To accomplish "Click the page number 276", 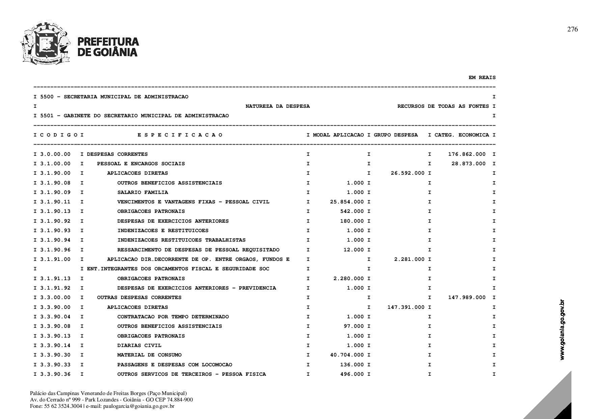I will pos(572,29).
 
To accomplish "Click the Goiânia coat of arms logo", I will pos(46,43).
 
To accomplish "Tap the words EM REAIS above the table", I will pos(482,77).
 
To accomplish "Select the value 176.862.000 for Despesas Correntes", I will pos(467,154).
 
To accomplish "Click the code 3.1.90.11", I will pos(55,202).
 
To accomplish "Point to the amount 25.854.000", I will pos(347,202).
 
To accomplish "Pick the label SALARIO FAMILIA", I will pos(142,192).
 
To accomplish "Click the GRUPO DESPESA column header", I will pos(396,135).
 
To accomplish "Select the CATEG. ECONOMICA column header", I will pos(461,135).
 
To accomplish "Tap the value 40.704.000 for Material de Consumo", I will pos(347,355).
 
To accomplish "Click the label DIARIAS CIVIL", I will pos(139,345).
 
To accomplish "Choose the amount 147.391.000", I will pos(406,307).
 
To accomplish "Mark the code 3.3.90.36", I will pos(55,374).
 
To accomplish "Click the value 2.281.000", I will pos(409,259).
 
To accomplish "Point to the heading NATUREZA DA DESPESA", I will pos(277,106).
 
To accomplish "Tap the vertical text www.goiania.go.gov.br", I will pos(562,329).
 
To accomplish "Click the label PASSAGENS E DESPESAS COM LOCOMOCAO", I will pos(174,365).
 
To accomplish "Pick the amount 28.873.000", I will pos(468,164).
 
